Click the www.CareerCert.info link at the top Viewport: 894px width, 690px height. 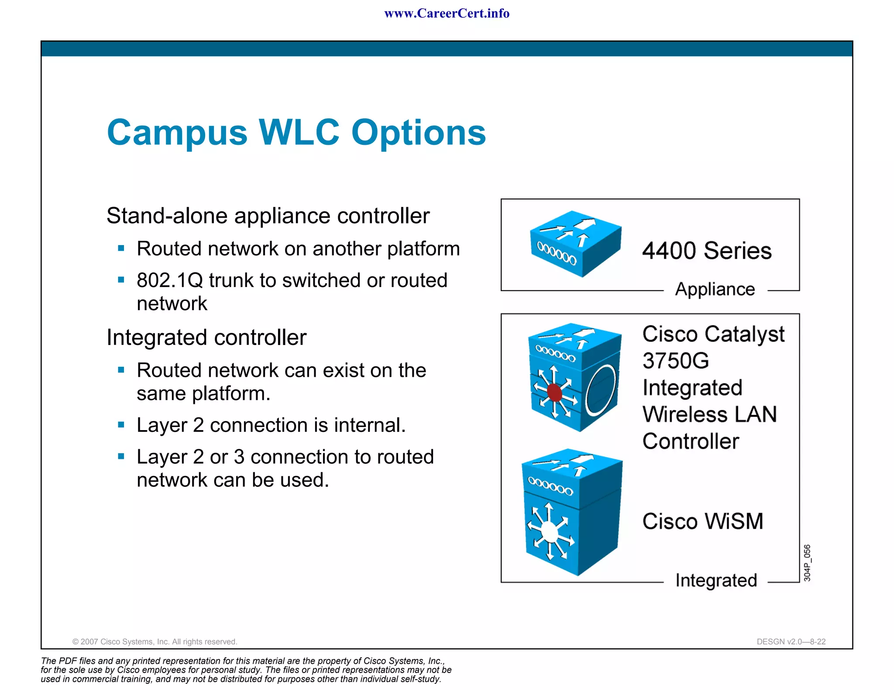[x=447, y=14]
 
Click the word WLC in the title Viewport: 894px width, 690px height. [x=299, y=132]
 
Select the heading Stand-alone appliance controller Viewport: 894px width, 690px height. [x=268, y=216]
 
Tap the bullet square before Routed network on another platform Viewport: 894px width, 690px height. [x=121, y=249]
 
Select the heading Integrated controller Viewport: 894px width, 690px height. [x=206, y=338]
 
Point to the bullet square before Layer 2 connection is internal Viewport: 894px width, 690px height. [x=121, y=425]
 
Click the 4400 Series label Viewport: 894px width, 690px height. [x=707, y=251]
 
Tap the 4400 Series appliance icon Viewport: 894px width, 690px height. [x=575, y=243]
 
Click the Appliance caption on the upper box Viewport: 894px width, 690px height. [x=715, y=289]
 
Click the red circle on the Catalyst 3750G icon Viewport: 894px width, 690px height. [x=554, y=392]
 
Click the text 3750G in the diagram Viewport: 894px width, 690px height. [x=675, y=361]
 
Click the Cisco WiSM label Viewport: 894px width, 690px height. [x=703, y=521]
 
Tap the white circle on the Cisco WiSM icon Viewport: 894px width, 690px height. [x=550, y=532]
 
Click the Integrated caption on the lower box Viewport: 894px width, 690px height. [x=716, y=581]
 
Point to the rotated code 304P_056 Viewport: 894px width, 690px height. [x=807, y=563]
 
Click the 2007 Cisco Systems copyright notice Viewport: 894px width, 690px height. [x=155, y=642]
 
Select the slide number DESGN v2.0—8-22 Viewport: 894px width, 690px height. [x=791, y=642]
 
